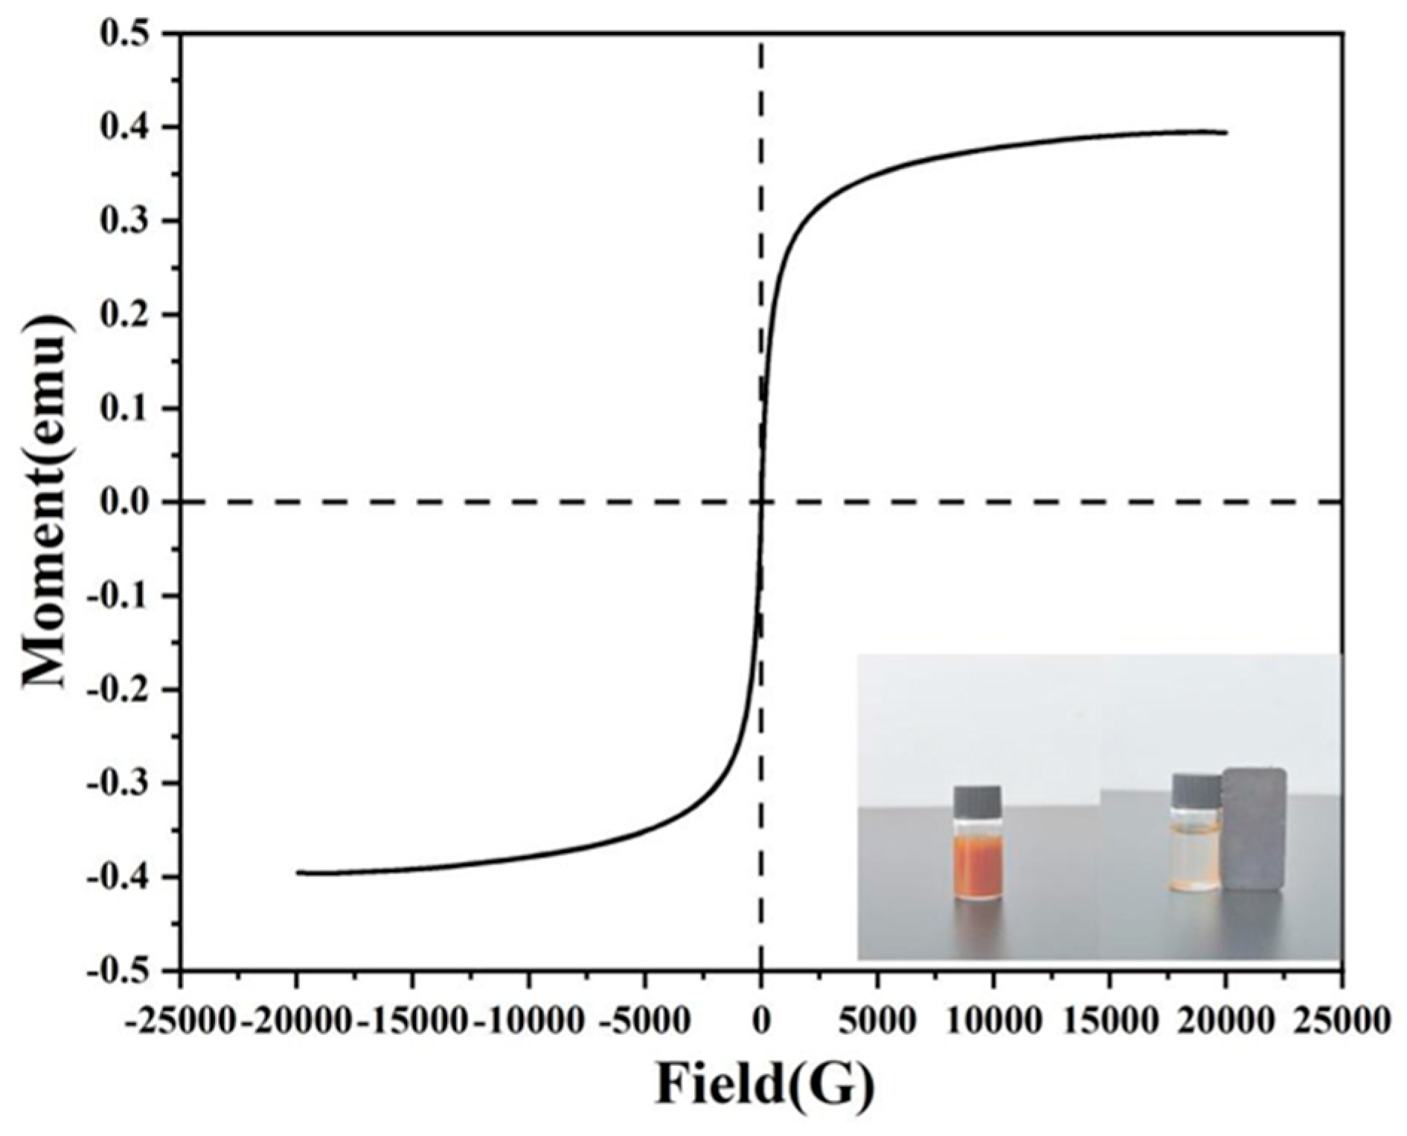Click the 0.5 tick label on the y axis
[x=125, y=35]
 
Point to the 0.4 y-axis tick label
[x=125, y=129]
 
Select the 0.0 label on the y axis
[x=125, y=503]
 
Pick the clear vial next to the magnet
[x=1196, y=849]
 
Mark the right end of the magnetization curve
[x=1225, y=133]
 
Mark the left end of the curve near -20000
[x=298, y=872]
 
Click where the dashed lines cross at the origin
[x=760, y=502]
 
